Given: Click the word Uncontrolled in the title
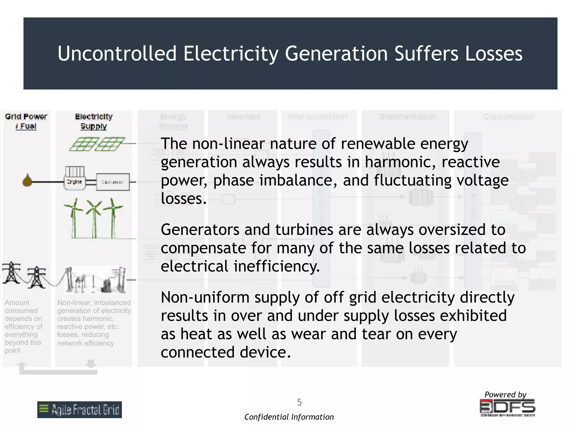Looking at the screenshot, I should click(117, 53).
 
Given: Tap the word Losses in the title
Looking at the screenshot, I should click(494, 53).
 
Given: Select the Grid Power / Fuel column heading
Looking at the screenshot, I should click(26, 121).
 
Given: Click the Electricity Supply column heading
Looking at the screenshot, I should click(94, 121).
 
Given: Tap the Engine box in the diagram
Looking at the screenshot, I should click(74, 182).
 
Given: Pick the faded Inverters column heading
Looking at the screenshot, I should click(243, 117).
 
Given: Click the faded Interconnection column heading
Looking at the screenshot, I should click(317, 117).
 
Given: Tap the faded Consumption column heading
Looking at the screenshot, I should click(509, 117).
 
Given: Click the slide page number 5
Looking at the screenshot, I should click(299, 402).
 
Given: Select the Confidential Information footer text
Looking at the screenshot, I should click(289, 417).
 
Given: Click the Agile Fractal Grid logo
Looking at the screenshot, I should click(79, 410).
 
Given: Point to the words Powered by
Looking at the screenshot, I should click(505, 394).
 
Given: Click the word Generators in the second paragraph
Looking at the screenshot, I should click(200, 230).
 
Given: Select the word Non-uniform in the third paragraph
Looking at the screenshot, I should click(205, 297).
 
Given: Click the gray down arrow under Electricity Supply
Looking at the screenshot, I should click(91, 364).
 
